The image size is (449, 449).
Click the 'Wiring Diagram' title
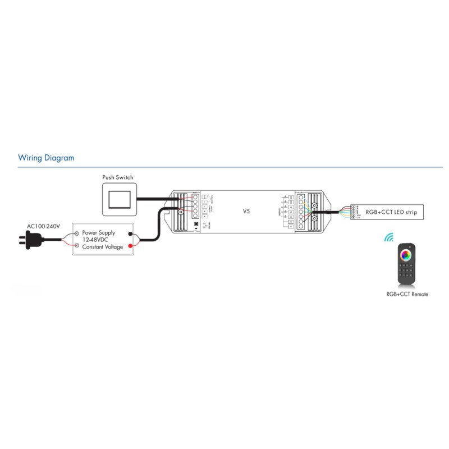point(46,158)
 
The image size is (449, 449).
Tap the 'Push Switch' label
point(118,177)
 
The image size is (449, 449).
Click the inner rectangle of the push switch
point(118,199)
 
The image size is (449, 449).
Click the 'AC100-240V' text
point(43,226)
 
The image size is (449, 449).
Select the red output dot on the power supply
point(131,246)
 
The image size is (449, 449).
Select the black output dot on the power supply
point(131,234)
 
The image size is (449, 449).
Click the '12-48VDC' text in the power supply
point(95,239)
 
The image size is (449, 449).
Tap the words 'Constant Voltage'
point(102,247)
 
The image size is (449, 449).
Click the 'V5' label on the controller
point(246,211)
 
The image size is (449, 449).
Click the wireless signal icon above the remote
point(389,237)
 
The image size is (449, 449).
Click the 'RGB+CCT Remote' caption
point(407,294)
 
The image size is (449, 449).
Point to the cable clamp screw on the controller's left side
point(181,212)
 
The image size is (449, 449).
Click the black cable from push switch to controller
point(154,198)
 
